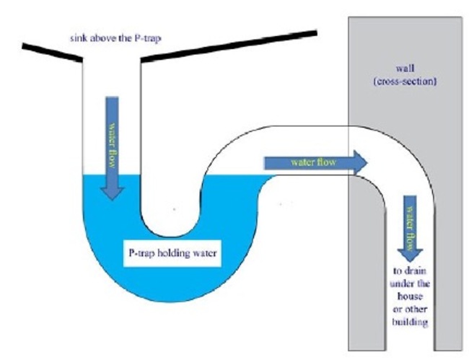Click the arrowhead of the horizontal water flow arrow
[x=359, y=162]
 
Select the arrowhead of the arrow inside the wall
[x=409, y=253]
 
